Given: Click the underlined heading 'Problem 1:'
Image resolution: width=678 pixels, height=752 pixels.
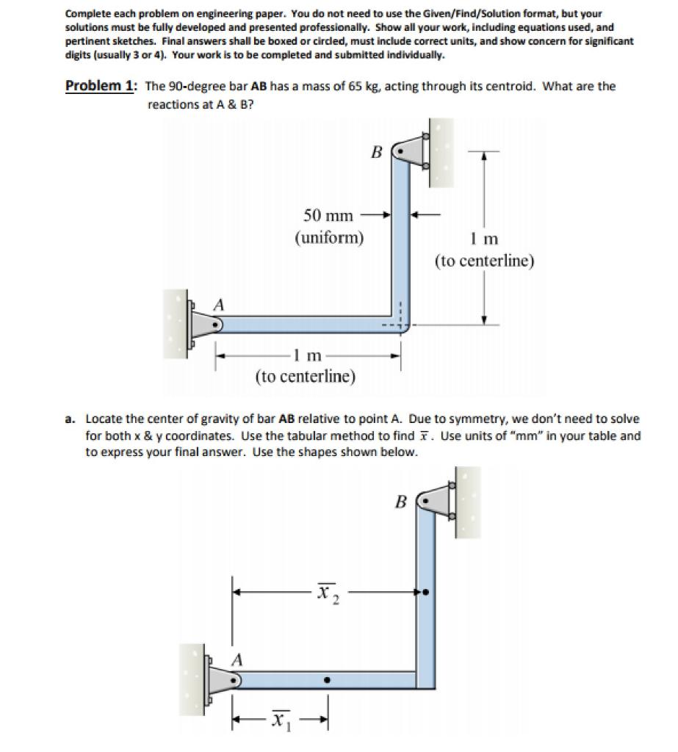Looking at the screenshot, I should point(100,86).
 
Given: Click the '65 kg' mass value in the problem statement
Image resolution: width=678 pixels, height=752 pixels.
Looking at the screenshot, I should point(365,87).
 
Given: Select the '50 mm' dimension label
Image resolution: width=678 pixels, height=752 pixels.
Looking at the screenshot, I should point(328,215).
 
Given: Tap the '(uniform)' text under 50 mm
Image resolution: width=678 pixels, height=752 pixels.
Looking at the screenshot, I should point(329,238).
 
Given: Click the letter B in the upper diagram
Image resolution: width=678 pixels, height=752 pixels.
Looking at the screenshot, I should point(376,153).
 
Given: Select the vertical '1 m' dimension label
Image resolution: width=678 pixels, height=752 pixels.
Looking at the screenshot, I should point(483,239).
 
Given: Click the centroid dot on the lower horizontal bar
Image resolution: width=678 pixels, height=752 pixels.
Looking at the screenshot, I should point(327,679).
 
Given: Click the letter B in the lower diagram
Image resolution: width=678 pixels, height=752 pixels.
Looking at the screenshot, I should point(400,502).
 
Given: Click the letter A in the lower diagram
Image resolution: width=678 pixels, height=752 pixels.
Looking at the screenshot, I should point(237,660).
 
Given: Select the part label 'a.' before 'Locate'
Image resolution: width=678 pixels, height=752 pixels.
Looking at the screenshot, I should point(70,419).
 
